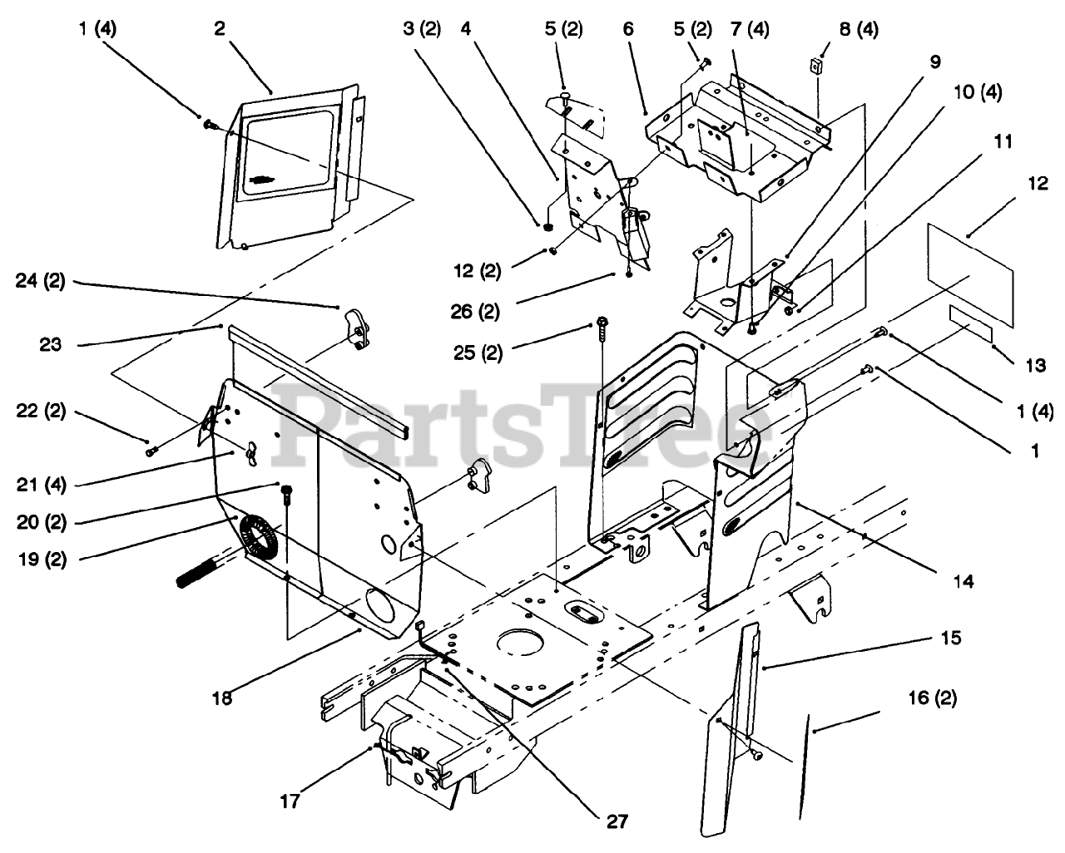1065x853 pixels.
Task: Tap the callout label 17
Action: point(290,802)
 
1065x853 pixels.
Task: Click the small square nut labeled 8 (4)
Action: point(816,64)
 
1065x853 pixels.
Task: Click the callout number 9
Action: point(935,61)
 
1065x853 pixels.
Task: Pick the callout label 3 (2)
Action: point(422,28)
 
